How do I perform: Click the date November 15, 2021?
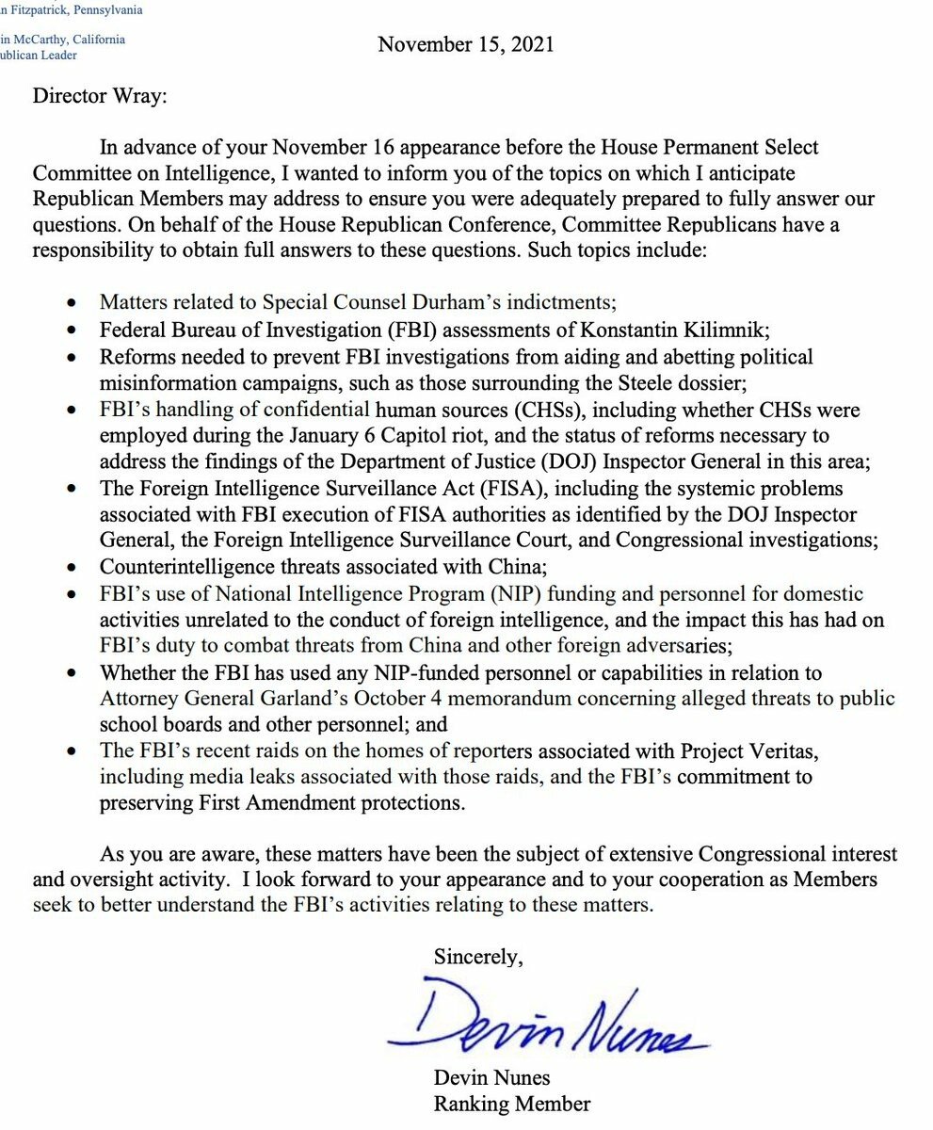[466, 44]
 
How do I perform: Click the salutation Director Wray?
[100, 97]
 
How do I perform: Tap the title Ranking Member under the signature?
[511, 1104]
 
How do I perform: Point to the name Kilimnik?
[734, 330]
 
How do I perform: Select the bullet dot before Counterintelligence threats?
[73, 568]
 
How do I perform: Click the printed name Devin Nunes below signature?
[491, 1077]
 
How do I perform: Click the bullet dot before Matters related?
[73, 304]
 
